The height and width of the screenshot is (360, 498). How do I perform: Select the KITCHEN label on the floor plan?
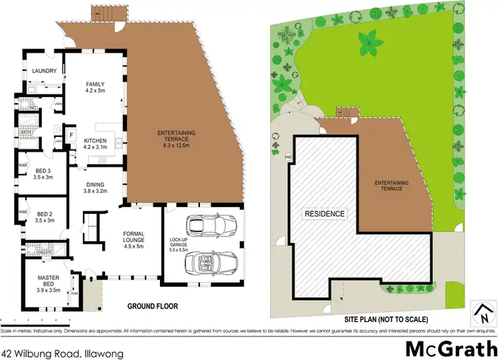(97, 143)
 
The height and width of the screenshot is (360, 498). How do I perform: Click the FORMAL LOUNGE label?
(138, 239)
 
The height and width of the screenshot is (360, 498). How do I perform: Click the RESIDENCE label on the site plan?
(325, 214)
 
